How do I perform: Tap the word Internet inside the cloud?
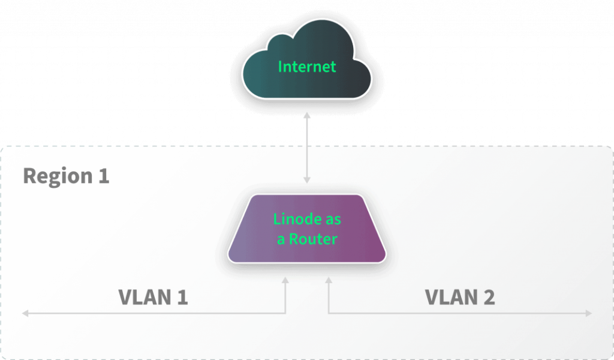tap(307, 66)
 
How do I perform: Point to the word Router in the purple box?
tap(313, 238)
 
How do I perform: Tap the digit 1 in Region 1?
tap(103, 176)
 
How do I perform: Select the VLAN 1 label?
tap(153, 297)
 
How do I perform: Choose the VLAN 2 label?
tap(459, 297)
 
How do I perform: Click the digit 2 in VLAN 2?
tap(489, 297)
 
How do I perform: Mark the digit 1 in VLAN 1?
tap(181, 297)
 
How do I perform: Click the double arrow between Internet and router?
tap(307, 150)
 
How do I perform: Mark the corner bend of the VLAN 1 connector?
tap(287, 313)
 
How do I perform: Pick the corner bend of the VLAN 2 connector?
tap(329, 313)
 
